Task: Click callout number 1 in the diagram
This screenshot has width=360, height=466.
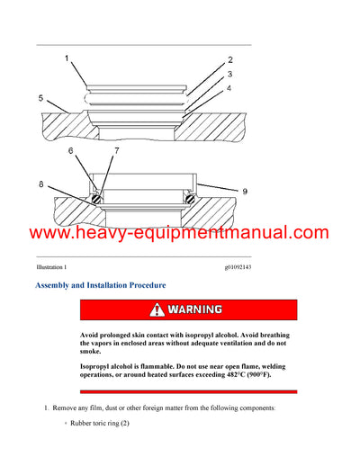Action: pyautogui.click(x=66, y=58)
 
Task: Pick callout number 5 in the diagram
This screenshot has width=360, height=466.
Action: pyautogui.click(x=40, y=97)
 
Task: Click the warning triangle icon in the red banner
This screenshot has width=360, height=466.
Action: pyautogui.click(x=158, y=309)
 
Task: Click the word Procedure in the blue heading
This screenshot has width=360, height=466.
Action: pyautogui.click(x=141, y=285)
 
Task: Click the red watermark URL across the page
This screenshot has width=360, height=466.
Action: pyautogui.click(x=180, y=233)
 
